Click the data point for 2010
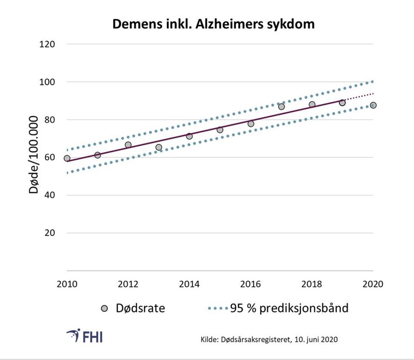(67, 158)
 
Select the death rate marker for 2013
(159, 147)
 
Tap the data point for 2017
(281, 106)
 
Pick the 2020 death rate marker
(373, 105)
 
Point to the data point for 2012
(128, 145)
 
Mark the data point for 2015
(220, 130)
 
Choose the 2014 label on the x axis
(189, 284)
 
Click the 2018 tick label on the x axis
(312, 284)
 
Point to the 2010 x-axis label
(67, 284)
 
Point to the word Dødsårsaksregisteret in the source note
(254, 340)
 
